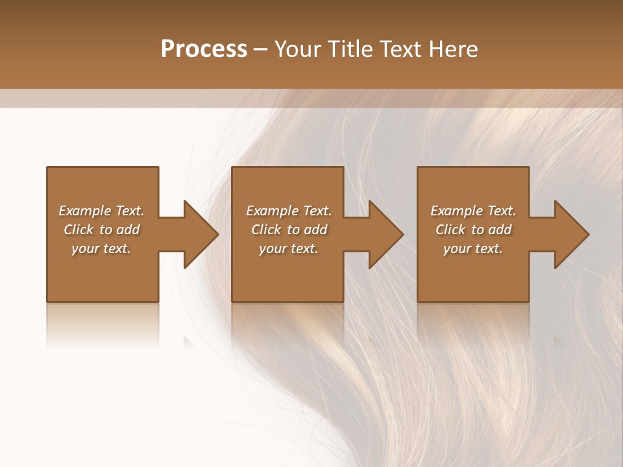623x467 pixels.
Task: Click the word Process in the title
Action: point(204,49)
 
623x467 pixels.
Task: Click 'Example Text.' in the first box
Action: point(101,211)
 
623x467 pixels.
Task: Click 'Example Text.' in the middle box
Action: point(289,211)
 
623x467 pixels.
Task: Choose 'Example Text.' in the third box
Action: point(473,211)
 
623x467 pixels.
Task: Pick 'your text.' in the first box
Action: point(101,248)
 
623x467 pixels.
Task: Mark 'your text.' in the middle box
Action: point(289,248)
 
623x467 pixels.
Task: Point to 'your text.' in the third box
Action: point(473,248)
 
